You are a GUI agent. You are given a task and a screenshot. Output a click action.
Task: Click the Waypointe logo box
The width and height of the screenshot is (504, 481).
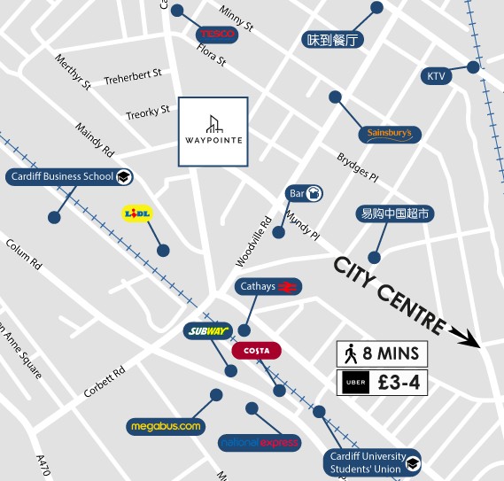point(213,131)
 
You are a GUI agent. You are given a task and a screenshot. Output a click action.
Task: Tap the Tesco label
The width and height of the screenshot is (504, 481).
point(217,34)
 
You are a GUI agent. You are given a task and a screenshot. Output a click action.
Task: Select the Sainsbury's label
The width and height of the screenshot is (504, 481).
point(389,134)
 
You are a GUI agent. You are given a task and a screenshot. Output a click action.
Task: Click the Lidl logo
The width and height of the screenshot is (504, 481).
point(136,213)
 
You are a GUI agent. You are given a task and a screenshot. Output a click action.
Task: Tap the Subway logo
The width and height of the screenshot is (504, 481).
point(208,331)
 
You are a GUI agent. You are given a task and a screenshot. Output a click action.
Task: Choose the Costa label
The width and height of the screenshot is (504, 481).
point(256,350)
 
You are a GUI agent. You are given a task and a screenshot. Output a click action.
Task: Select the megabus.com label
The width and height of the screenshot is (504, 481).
point(166,426)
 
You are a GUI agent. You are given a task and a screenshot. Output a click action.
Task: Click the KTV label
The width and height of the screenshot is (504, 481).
point(437,76)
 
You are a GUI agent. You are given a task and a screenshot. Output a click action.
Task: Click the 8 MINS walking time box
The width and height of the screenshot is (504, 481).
point(383,354)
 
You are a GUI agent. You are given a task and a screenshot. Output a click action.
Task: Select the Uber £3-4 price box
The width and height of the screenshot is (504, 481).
point(383,384)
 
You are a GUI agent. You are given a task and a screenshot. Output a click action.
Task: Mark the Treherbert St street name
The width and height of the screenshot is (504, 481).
point(133,77)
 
